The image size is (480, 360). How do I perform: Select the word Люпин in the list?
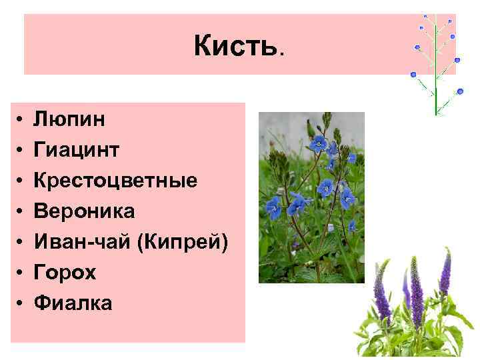(69, 119)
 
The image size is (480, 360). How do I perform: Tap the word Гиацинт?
(77, 150)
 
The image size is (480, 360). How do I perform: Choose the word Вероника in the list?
(84, 211)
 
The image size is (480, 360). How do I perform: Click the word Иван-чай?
(81, 242)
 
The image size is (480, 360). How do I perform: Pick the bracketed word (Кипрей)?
(181, 242)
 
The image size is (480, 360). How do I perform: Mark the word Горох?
(65, 273)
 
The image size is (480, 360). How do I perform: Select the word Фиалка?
(73, 303)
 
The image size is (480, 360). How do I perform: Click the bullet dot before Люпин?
(21, 120)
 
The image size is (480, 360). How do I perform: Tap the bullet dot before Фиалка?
(21, 304)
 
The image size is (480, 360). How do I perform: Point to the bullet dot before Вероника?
(21, 212)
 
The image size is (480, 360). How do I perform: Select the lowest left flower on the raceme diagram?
(413, 74)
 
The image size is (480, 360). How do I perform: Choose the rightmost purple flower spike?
(445, 273)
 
